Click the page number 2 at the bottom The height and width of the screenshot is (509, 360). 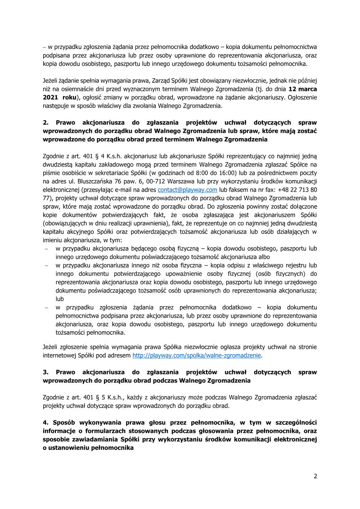click(315, 477)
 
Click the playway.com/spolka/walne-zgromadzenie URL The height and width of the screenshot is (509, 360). click(197, 355)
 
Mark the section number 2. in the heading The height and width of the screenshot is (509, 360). click(45, 122)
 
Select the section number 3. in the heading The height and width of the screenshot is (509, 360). click(45, 372)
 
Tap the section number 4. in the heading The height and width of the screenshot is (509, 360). click(45, 423)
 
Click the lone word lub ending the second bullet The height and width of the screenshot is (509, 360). click(60, 299)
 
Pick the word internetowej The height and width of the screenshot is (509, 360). click(62, 355)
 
